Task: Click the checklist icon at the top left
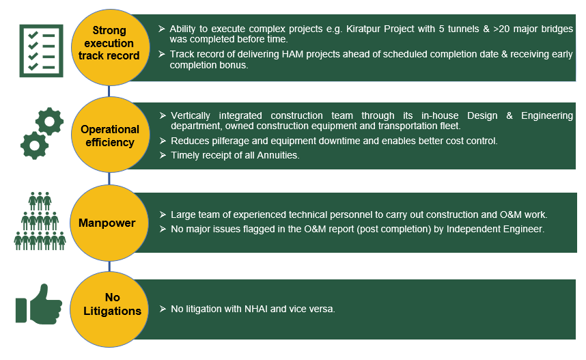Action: tap(41, 51)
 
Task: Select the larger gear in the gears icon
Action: tap(34, 144)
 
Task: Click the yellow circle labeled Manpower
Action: tap(109, 223)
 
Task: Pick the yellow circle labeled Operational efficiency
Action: tap(109, 135)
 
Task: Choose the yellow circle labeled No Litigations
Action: tap(109, 305)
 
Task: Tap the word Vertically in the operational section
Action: tap(195, 115)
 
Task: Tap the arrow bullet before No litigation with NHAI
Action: tap(162, 309)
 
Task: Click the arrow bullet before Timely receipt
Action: tap(162, 155)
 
